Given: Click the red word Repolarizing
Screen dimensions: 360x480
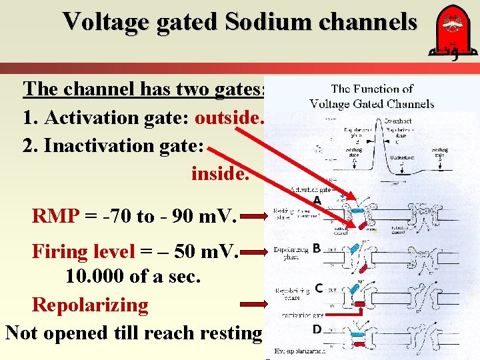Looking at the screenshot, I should [x=90, y=305].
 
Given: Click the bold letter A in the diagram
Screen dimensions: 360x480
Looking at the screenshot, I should [x=317, y=201].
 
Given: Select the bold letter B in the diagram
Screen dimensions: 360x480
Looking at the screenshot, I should [x=317, y=249].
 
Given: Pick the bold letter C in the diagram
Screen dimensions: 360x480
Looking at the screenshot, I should [x=319, y=288].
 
